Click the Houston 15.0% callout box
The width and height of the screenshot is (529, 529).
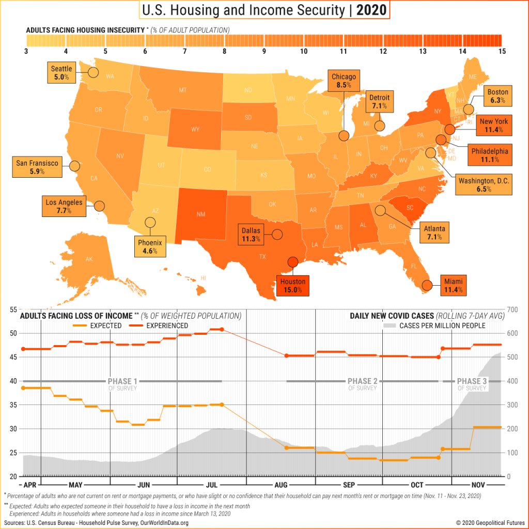[x=293, y=286]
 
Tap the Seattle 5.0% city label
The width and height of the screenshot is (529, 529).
[x=61, y=73]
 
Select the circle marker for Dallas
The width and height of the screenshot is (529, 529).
[x=277, y=234]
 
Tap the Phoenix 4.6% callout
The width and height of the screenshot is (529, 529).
[x=150, y=246]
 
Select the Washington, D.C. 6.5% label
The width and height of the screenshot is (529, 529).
[x=484, y=185]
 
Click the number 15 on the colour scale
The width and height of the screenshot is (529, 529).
[x=501, y=51]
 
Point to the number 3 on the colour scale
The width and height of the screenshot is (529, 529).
[x=26, y=51]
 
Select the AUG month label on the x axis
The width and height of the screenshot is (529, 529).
[x=281, y=485]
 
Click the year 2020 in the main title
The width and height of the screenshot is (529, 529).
[x=371, y=10]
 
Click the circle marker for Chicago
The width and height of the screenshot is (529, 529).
[x=344, y=136]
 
